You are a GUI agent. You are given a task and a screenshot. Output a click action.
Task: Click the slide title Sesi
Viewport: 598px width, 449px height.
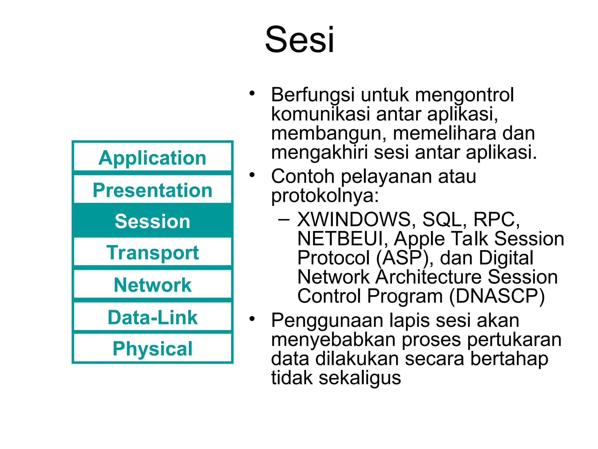[299, 39]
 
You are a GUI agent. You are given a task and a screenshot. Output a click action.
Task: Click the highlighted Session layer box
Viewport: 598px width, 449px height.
[152, 221]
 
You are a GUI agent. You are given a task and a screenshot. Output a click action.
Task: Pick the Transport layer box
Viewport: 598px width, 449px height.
[152, 252]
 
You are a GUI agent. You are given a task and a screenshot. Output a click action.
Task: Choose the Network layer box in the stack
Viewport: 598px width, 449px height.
[152, 285]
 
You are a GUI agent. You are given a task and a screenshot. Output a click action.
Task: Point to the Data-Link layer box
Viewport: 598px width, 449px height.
[152, 317]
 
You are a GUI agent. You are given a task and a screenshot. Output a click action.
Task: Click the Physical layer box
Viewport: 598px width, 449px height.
[152, 348]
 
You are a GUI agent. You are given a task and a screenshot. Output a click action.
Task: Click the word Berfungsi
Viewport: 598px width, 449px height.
[313, 95]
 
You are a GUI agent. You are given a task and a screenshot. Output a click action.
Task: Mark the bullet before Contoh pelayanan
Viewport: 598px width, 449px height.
[252, 175]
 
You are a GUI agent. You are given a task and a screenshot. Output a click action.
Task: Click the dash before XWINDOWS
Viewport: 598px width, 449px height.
[284, 219]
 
